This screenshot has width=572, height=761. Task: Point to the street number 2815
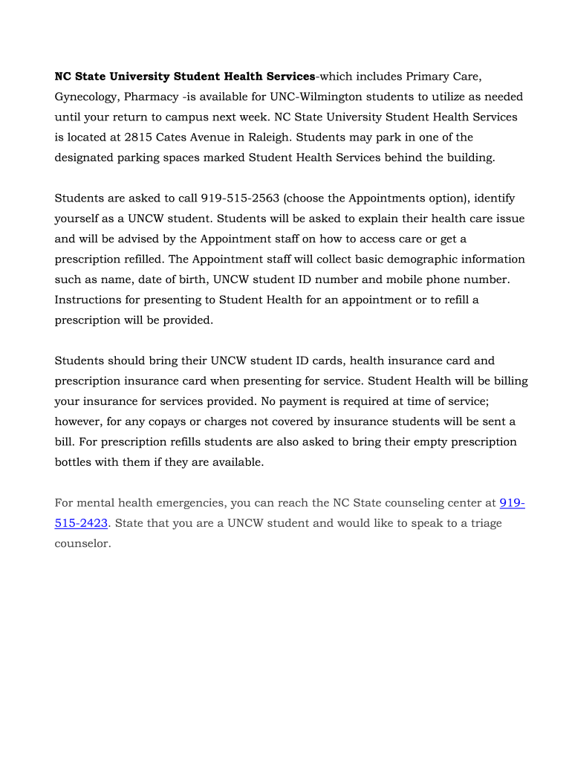(x=138, y=137)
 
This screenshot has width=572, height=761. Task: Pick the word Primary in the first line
(x=426, y=77)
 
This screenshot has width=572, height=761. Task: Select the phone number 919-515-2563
(x=240, y=198)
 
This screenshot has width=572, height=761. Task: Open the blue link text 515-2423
(x=82, y=523)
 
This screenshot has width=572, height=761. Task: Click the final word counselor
(x=82, y=543)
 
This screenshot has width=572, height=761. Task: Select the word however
(x=79, y=421)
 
